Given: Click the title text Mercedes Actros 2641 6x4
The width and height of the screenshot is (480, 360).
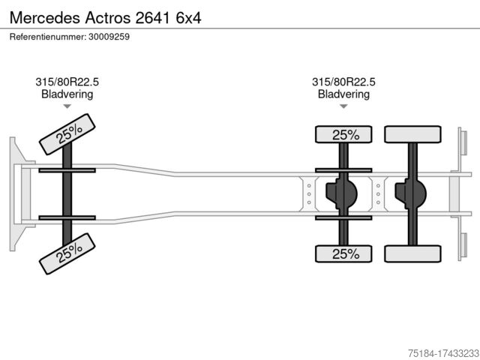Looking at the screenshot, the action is pyautogui.click(x=105, y=18).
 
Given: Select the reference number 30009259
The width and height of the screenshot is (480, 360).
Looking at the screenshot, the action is pyautogui.click(x=109, y=37).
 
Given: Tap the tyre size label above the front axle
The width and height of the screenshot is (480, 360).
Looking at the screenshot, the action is pyautogui.click(x=67, y=82).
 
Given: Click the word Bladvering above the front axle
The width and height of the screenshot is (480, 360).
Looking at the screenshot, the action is pyautogui.click(x=67, y=94).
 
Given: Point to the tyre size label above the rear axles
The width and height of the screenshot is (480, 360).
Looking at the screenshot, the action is pyautogui.click(x=343, y=82).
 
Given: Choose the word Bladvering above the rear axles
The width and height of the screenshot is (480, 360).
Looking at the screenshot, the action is pyautogui.click(x=343, y=94).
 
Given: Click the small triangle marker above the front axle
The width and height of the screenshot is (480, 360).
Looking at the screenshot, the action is pyautogui.click(x=67, y=106).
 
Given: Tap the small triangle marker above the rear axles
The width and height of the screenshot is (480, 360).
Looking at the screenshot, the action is pyautogui.click(x=343, y=106).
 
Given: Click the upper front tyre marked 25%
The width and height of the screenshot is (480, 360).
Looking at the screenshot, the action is pyautogui.click(x=67, y=134).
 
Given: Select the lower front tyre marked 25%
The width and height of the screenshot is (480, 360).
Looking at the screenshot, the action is pyautogui.click(x=67, y=253).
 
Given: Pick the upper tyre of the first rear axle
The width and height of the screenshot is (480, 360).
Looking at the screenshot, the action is pyautogui.click(x=343, y=134).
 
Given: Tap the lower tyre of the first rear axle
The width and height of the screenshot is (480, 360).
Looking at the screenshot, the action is pyautogui.click(x=343, y=253).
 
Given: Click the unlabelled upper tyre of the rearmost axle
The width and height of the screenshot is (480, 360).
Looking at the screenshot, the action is pyautogui.click(x=412, y=134).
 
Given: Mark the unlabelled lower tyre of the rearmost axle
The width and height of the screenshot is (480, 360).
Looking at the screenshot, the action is pyautogui.click(x=412, y=253).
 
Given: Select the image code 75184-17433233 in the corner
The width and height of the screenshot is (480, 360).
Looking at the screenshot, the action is pyautogui.click(x=443, y=353).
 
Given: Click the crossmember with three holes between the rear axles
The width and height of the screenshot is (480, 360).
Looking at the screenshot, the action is pyautogui.click(x=378, y=194).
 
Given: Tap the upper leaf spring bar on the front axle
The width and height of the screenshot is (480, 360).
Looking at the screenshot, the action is pyautogui.click(x=67, y=170).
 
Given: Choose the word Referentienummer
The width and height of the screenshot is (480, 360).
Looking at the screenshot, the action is pyautogui.click(x=48, y=37).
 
